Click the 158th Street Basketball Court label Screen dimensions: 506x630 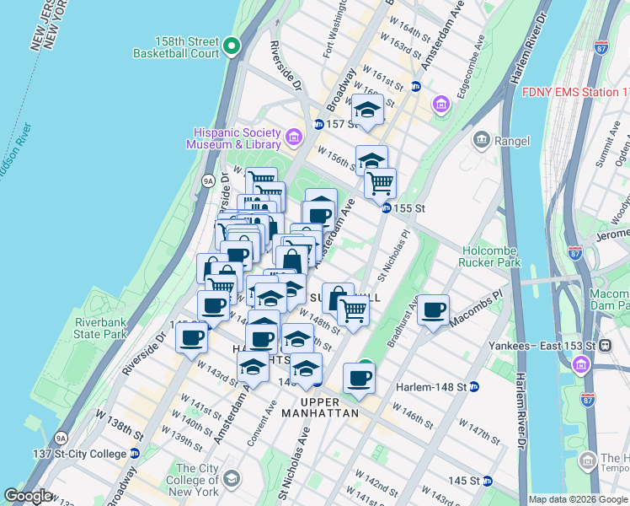point(175,46)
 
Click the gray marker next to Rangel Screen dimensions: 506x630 point(482,140)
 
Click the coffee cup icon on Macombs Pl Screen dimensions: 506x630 point(433,311)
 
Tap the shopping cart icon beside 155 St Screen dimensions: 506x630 point(380,183)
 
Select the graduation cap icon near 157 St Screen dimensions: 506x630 point(367,110)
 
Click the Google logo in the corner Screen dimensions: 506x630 point(28,496)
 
